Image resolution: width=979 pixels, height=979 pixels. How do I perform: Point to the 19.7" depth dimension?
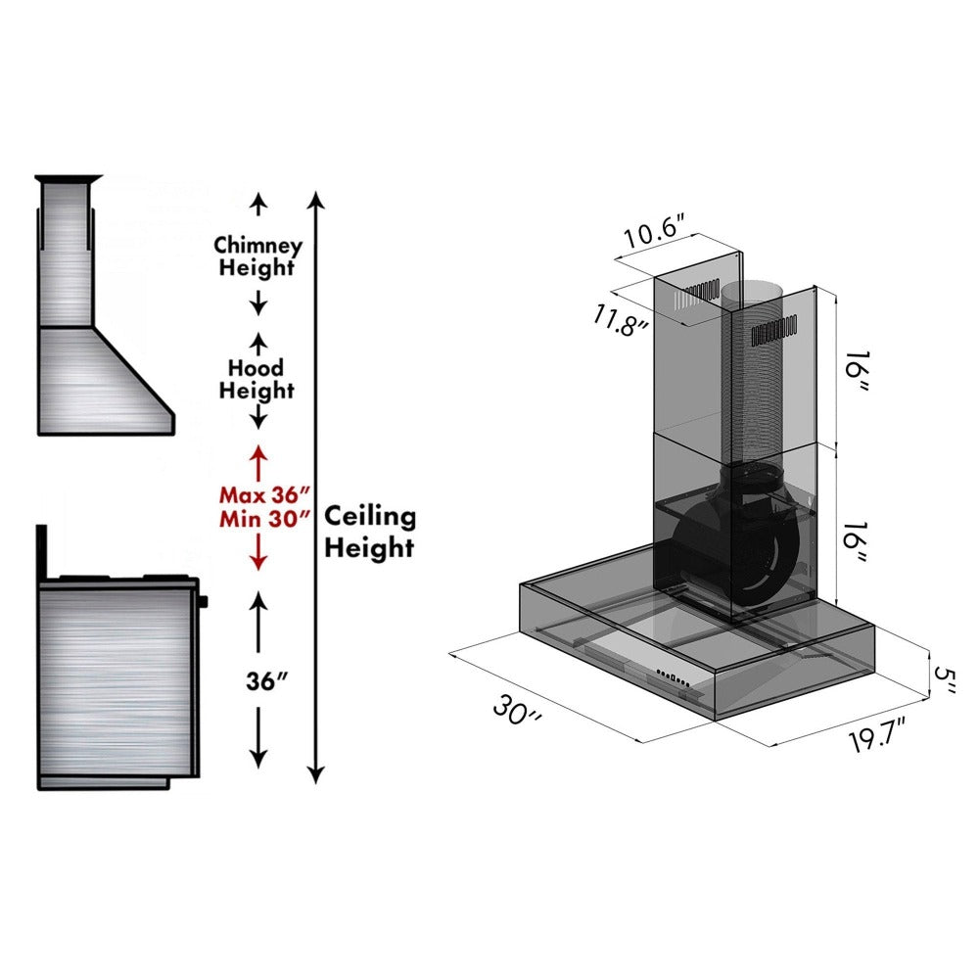coord(876,736)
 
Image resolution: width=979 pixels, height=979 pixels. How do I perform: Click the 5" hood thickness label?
coord(943,678)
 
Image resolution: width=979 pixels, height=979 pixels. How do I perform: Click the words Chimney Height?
coord(257,256)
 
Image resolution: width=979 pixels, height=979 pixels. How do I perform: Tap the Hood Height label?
coord(256,379)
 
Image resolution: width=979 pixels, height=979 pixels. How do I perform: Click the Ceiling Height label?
coord(370,532)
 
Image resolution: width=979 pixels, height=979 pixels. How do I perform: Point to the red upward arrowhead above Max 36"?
coord(257,454)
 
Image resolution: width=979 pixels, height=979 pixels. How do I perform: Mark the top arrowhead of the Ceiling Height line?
coord(315,200)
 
